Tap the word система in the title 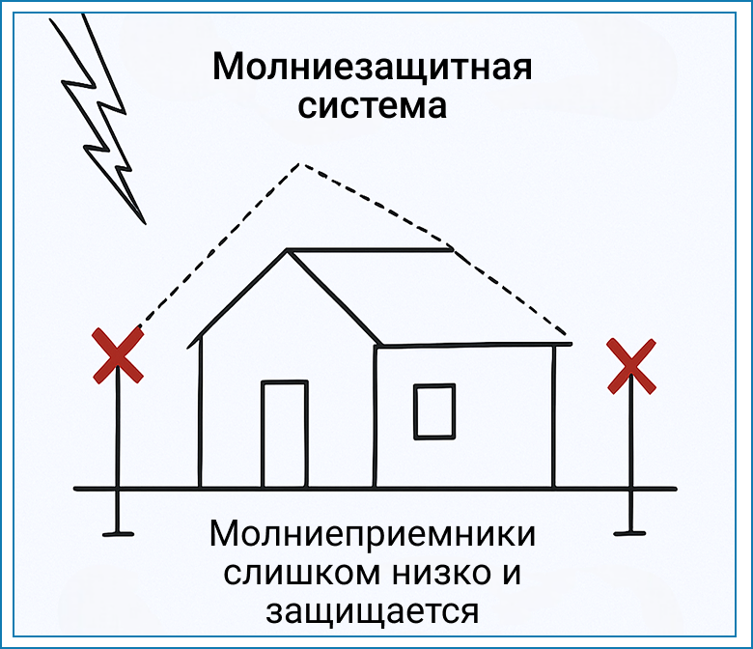[373, 106]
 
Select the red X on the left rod [118, 355]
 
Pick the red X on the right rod [631, 366]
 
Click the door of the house [285, 434]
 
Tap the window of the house [434, 411]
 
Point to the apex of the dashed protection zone [300, 164]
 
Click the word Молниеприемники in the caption [373, 534]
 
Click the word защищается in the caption [373, 611]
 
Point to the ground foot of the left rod [118, 533]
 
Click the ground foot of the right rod [630, 532]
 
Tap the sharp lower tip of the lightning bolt [145, 223]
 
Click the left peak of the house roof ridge [288, 250]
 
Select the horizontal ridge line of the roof [371, 250]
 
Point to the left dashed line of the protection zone [220, 245]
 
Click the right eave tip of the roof [571, 344]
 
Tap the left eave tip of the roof [188, 346]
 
